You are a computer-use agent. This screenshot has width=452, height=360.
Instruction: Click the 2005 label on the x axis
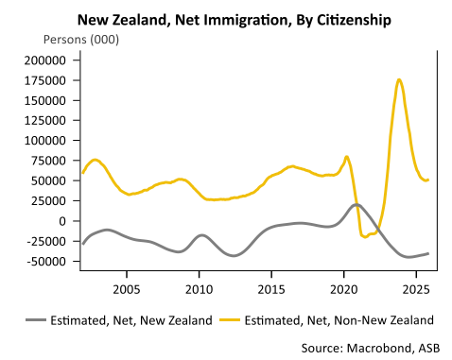click(x=127, y=286)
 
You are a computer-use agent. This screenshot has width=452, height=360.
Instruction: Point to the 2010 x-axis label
click(x=199, y=286)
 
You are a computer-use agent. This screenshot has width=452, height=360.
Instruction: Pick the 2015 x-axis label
click(x=271, y=286)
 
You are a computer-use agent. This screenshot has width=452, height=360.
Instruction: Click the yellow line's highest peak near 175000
click(x=399, y=79)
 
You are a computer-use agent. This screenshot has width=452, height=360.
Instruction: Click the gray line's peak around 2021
click(x=356, y=204)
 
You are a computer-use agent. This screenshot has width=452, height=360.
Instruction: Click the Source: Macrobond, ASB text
click(x=371, y=347)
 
